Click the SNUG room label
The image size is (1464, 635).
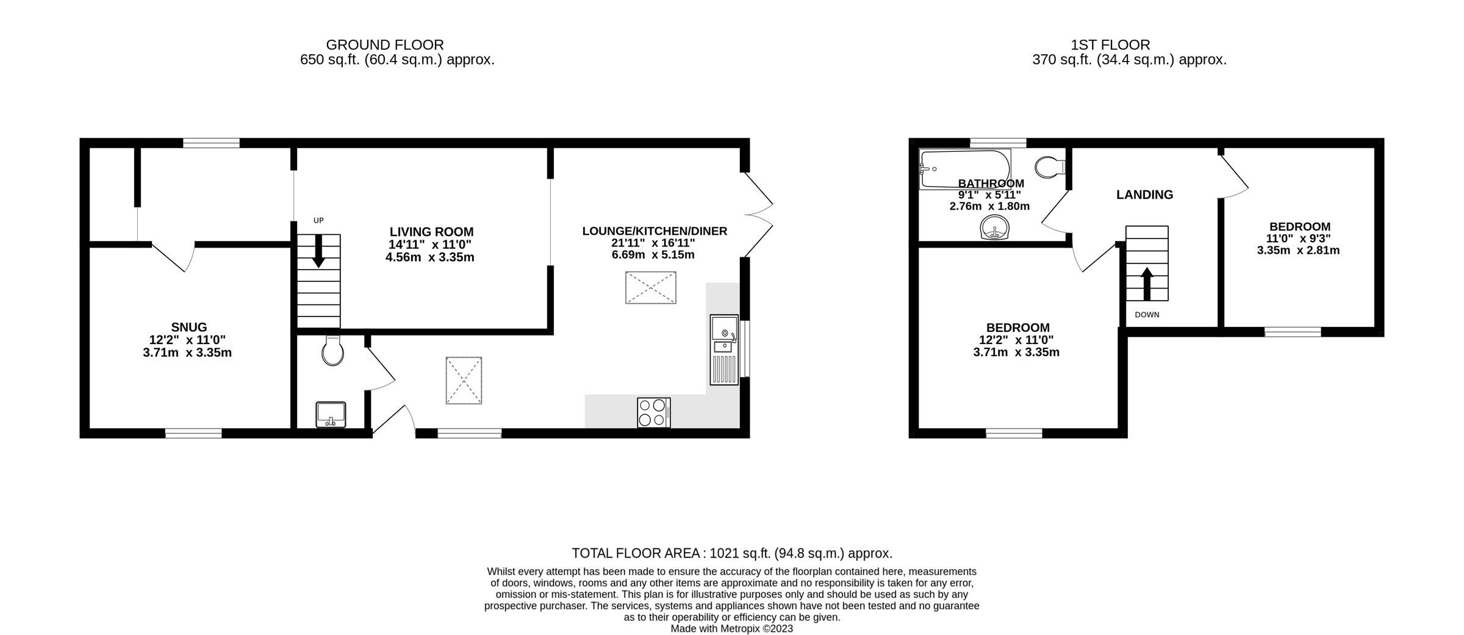coord(189,327)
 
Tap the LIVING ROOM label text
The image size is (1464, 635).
coord(431,232)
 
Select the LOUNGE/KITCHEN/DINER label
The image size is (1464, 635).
coord(655,231)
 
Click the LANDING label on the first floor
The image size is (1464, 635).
coord(1144,195)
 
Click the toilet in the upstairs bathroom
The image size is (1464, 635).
coord(1050,166)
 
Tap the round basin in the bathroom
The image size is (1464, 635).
coord(996,229)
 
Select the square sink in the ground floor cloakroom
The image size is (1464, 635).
coord(331,414)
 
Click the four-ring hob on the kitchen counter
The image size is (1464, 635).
coord(653,412)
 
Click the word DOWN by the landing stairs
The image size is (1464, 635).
coord(1147,315)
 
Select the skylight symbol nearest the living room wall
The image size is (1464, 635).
coord(650,287)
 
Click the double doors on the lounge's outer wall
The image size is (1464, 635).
coord(758,214)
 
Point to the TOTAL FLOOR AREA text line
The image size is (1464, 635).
coord(731,553)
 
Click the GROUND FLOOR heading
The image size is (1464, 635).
coord(384,45)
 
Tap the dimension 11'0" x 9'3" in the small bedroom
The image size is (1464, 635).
coord(1298,239)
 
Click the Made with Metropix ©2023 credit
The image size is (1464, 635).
coord(731,628)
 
